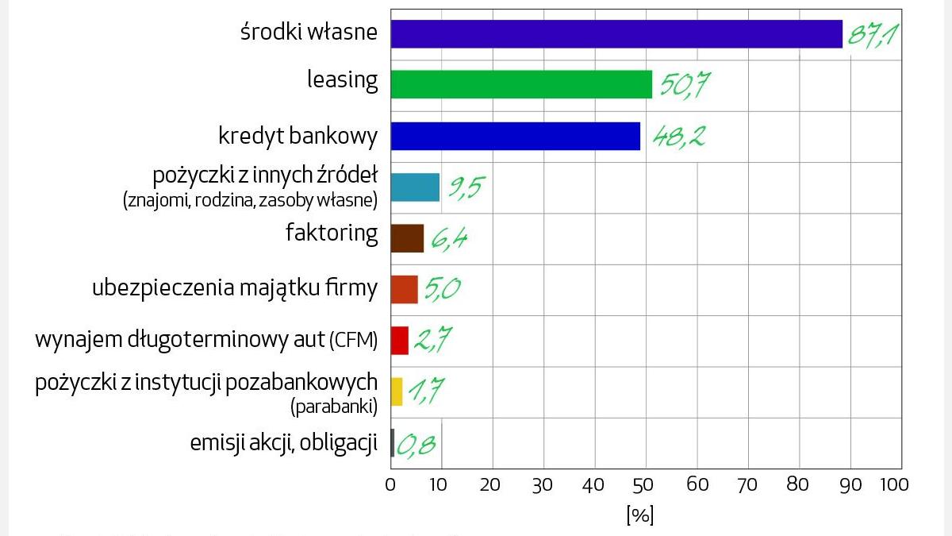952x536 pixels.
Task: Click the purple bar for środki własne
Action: [616, 34]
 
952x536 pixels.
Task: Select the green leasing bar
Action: [521, 84]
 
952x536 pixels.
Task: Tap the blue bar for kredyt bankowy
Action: [515, 136]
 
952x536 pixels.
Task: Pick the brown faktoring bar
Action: [407, 238]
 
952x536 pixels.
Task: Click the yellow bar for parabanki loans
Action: [397, 391]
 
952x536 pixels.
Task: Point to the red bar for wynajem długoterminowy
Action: [399, 340]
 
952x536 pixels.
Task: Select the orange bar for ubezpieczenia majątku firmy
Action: [404, 289]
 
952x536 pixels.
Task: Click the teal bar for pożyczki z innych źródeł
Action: [415, 187]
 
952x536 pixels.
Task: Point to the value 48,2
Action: [679, 137]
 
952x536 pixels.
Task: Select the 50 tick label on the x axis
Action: [646, 484]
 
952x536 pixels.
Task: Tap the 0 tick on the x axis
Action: [390, 484]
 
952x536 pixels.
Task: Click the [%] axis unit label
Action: [639, 515]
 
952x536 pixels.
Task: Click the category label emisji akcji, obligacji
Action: [283, 442]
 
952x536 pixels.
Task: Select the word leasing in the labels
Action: [342, 79]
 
